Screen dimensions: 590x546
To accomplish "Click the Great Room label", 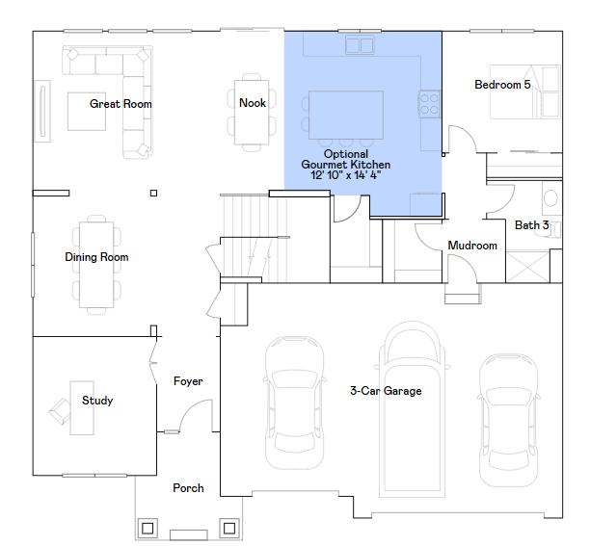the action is point(121,104).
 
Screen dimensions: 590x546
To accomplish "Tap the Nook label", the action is point(253,103).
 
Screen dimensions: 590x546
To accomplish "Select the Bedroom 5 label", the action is point(502,85).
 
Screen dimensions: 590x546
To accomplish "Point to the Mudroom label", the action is point(472,246).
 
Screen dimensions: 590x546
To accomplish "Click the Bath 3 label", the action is point(532,225).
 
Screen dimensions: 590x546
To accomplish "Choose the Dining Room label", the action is point(96,257).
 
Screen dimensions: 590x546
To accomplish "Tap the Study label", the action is point(97,401).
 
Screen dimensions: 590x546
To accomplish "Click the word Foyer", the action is point(188,381).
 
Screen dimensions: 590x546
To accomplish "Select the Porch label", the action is point(188,488).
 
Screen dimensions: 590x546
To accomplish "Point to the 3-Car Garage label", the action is point(386,391).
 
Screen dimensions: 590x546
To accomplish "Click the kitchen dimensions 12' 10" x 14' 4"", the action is point(346,175).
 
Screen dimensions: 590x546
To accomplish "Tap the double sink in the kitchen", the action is point(360,45).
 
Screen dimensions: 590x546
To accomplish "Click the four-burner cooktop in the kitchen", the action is point(429,104).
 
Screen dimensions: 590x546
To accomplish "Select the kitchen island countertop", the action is point(346,115).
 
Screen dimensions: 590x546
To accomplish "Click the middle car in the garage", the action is point(413,409).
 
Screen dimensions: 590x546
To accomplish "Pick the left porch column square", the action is point(147,528).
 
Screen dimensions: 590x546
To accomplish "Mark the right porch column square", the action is point(229,528).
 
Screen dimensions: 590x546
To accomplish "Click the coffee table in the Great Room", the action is point(87,112).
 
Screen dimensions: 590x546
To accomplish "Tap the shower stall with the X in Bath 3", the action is point(528,267).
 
